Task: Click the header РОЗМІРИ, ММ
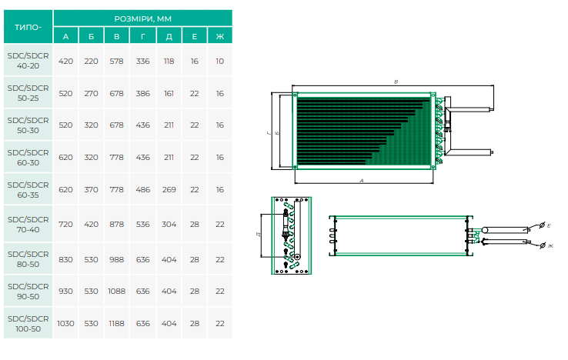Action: pyautogui.click(x=142, y=18)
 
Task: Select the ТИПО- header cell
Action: pyautogui.click(x=28, y=27)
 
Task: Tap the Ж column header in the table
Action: pyautogui.click(x=219, y=36)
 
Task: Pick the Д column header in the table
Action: pyautogui.click(x=169, y=36)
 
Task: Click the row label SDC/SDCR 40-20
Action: pyautogui.click(x=28, y=61)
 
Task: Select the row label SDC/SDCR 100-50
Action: pyautogui.click(x=28, y=324)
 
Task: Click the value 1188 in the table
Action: pyautogui.click(x=117, y=324)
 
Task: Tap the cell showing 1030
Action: pyautogui.click(x=65, y=324)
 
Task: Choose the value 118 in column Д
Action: pyautogui.click(x=169, y=61)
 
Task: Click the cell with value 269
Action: pyautogui.click(x=169, y=189)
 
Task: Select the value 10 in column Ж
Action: pyautogui.click(x=219, y=61)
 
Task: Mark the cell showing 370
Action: pyautogui.click(x=91, y=189)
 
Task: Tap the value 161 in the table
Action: pyautogui.click(x=169, y=93)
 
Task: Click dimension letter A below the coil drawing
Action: pyautogui.click(x=362, y=180)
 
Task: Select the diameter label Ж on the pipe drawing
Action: pyautogui.click(x=550, y=245)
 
